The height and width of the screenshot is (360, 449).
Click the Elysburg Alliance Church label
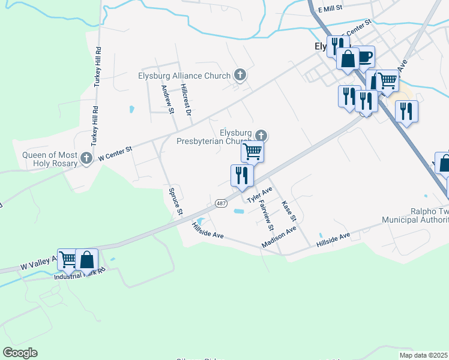(x=184, y=76)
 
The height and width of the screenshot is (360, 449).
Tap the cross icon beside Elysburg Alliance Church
(x=240, y=75)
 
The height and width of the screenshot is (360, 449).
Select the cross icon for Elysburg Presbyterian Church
(x=261, y=136)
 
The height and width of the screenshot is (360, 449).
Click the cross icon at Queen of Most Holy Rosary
(x=86, y=159)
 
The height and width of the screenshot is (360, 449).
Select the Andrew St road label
(x=166, y=98)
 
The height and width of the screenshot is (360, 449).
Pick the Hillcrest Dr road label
(x=185, y=99)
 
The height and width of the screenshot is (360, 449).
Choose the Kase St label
(x=289, y=209)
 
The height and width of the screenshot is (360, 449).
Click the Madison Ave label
(x=279, y=237)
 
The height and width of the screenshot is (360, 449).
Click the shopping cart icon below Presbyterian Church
(x=253, y=151)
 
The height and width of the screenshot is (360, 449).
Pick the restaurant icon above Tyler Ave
(x=242, y=175)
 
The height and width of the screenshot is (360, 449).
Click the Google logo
(x=20, y=353)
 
